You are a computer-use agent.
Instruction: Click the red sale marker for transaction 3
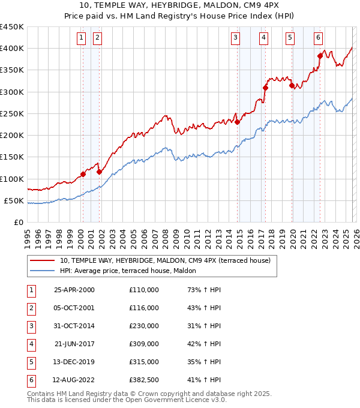tap(237, 122)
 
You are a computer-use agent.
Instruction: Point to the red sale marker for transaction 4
tap(265, 88)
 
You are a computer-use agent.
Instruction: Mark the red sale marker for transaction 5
tap(292, 85)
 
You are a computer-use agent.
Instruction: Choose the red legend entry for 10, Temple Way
tap(165, 260)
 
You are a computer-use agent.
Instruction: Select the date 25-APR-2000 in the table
tap(74, 290)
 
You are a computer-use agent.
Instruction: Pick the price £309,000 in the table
tap(144, 344)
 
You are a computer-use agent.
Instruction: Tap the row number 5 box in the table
tap(30, 362)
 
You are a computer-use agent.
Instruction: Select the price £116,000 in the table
tap(144, 308)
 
